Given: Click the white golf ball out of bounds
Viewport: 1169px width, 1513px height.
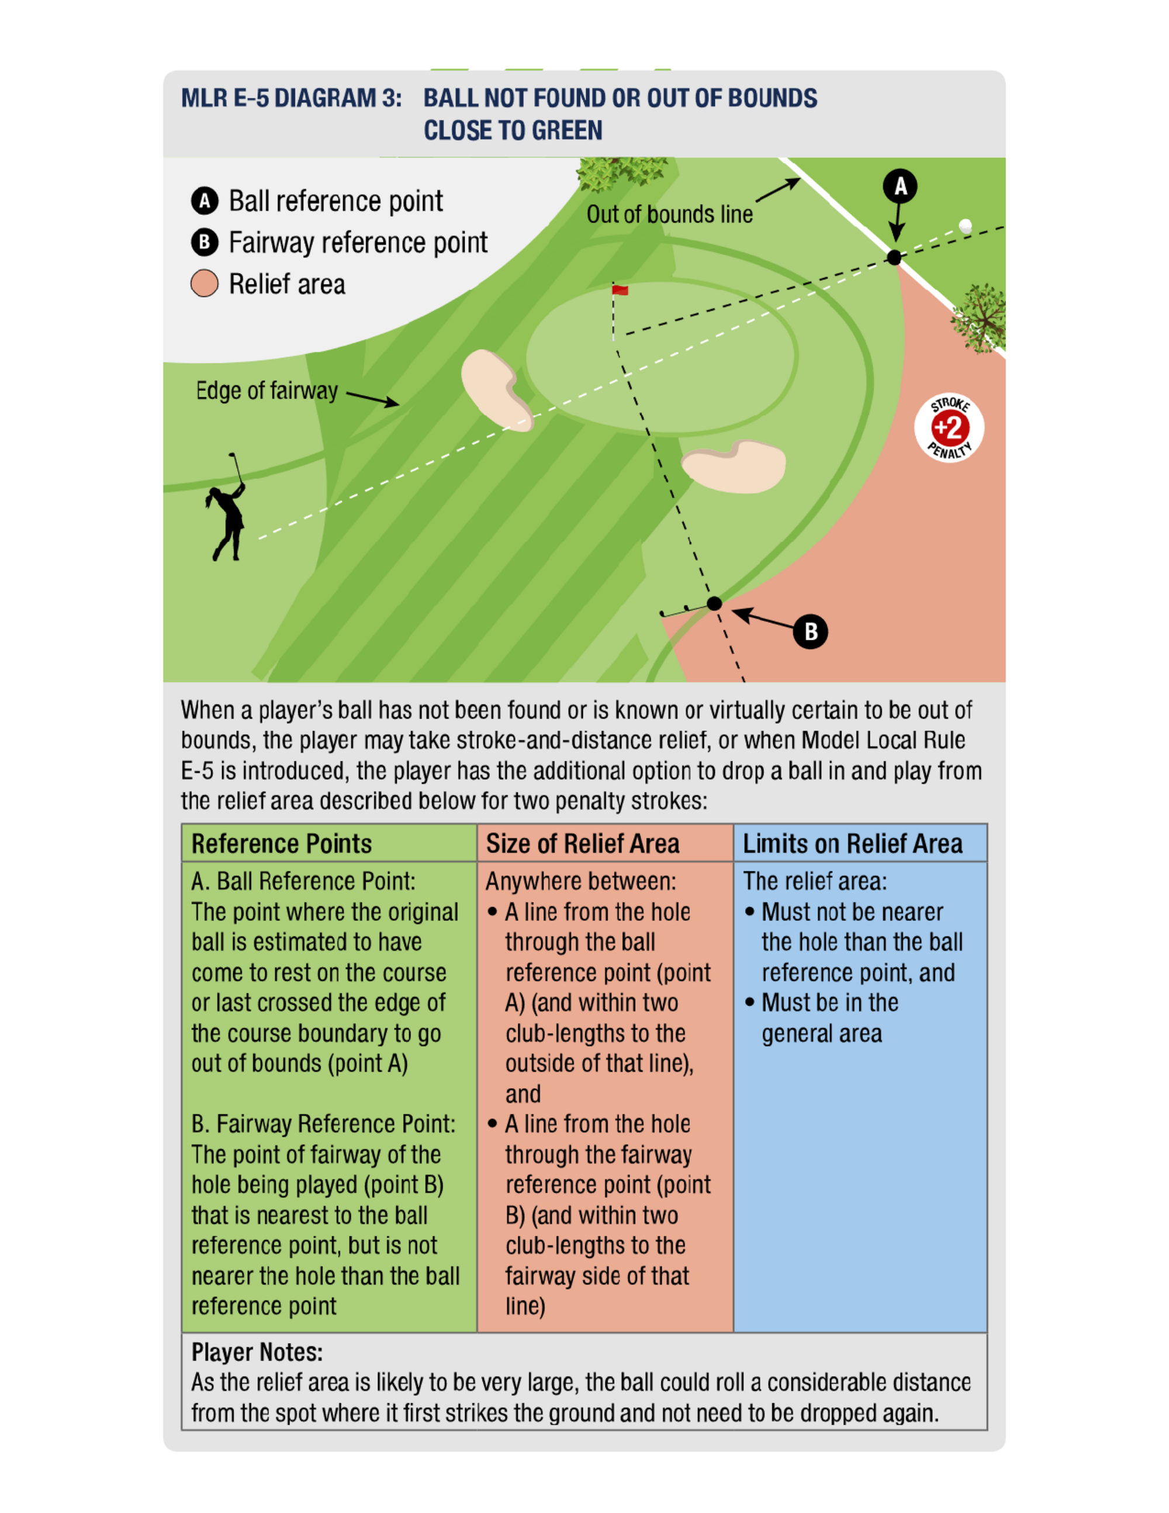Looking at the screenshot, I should (x=964, y=225).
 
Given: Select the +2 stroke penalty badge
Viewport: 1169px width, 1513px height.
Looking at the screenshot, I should (x=949, y=428).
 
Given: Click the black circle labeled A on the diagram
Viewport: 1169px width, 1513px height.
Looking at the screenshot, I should (x=900, y=186).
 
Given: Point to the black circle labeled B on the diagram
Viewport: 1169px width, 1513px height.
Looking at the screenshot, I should (x=810, y=631).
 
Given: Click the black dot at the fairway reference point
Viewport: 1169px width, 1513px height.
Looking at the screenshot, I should (x=714, y=603).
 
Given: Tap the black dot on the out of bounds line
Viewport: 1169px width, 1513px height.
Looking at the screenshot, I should (x=894, y=258).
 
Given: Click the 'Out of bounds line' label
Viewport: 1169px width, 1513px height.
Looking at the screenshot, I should (x=669, y=215).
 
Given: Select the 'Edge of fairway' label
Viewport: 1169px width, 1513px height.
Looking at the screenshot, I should (x=267, y=391).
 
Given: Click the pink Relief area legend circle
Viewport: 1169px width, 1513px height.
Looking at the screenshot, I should (x=205, y=284).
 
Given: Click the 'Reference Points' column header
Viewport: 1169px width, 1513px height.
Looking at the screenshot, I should (x=281, y=844).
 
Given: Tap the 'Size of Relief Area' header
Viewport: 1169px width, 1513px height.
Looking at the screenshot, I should (x=582, y=844).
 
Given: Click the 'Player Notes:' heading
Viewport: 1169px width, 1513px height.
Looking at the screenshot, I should (x=257, y=1352).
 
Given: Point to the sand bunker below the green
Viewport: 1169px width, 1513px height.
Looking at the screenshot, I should (x=735, y=465).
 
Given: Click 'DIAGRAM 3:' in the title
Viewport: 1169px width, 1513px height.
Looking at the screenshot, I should (x=338, y=98).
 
